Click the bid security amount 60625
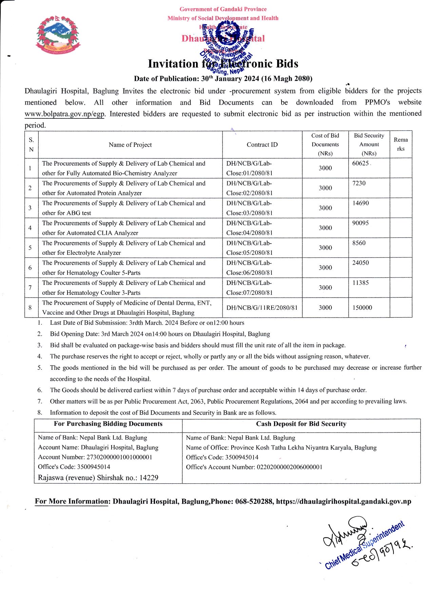360,163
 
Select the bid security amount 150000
362,308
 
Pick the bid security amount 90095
360,223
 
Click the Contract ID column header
262,145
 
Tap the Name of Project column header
130,145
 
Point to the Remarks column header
401,144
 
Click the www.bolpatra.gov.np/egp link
64,114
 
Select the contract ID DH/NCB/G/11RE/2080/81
262,308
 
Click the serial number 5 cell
30,248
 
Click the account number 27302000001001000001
119,457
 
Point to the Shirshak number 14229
149,478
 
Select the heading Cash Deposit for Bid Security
301,424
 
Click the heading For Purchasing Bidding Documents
108,424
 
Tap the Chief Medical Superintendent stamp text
365,545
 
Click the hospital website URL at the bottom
343,501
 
